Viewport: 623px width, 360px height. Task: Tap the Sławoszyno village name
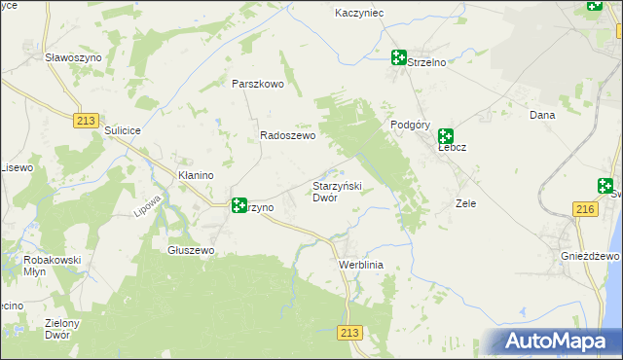click(73, 57)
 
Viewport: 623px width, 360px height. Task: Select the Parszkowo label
click(257, 84)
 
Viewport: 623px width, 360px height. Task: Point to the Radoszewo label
click(287, 136)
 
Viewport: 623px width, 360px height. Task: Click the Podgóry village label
click(410, 125)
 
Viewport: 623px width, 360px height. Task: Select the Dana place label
click(541, 115)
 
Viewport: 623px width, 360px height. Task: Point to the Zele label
click(465, 203)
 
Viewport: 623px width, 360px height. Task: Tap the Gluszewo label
click(191, 250)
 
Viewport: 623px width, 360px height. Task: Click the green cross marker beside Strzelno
click(398, 57)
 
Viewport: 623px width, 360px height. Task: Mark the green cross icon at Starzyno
click(238, 205)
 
